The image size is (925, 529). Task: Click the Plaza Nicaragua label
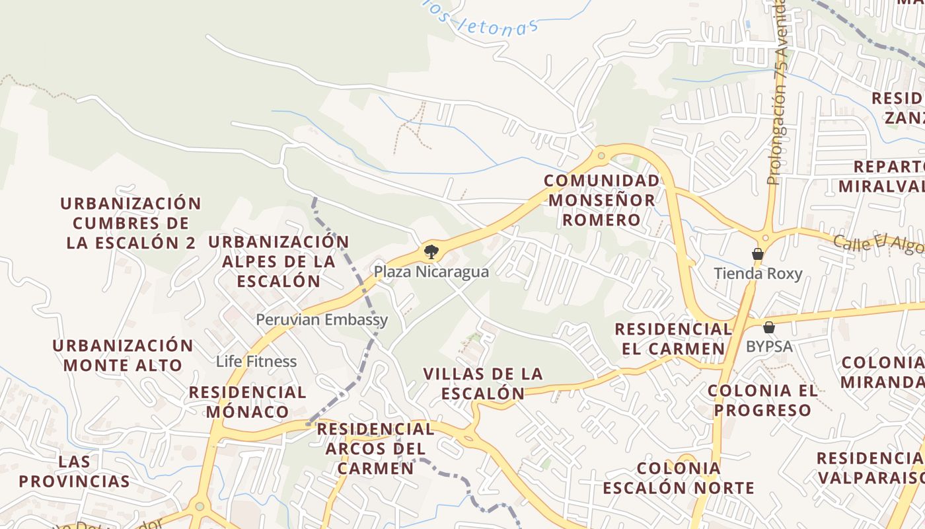431,272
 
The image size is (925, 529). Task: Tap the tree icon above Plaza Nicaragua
431,251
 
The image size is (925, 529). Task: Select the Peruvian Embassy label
322,320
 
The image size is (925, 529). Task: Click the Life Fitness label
256,362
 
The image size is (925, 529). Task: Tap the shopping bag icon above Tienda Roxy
758,254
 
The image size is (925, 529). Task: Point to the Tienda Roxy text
758,274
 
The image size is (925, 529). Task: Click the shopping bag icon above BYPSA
769,327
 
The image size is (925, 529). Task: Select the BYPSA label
769,346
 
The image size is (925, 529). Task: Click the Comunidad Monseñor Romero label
601,200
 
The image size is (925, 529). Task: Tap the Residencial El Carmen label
673,339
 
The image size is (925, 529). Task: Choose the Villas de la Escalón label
483,384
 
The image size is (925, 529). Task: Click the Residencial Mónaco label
248,402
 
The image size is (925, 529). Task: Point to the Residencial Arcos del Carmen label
375,448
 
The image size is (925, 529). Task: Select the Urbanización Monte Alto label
123,355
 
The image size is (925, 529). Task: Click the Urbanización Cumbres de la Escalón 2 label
131,223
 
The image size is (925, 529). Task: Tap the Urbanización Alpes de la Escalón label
279,261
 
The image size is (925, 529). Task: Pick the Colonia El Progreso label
763,400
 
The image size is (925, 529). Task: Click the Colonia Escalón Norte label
679,478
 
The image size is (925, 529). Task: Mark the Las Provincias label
74,471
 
